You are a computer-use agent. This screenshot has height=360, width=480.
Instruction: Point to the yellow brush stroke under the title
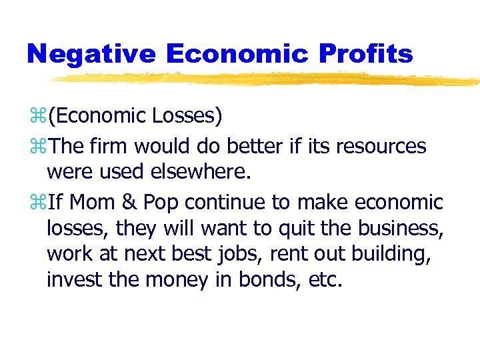(x=267, y=79)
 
